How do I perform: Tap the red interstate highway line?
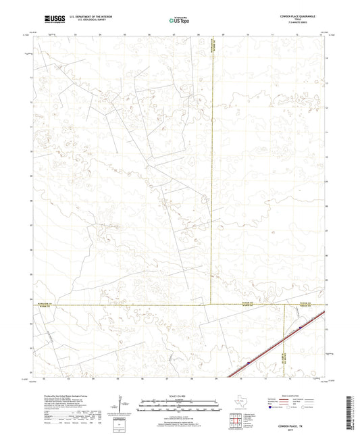(x=270, y=349)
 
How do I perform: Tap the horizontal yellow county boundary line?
(x=135, y=305)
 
